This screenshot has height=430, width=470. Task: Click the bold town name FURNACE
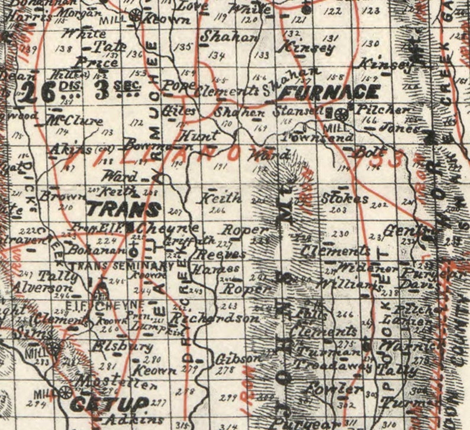tap(329, 92)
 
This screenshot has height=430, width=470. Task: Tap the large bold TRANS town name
tap(123, 209)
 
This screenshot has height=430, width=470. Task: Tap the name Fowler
tap(326, 389)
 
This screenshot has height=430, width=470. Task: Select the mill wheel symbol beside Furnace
tap(341, 112)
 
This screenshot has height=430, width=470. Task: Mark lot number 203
tap(339, 210)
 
